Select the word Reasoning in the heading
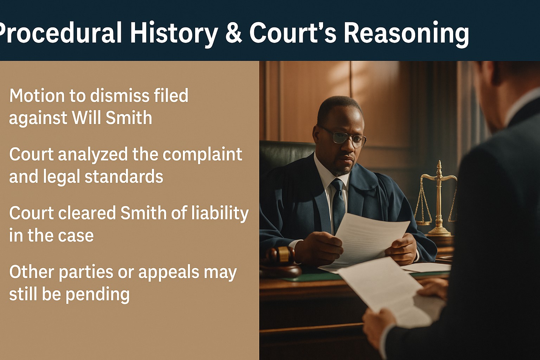coord(406,33)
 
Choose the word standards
coord(124,176)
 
